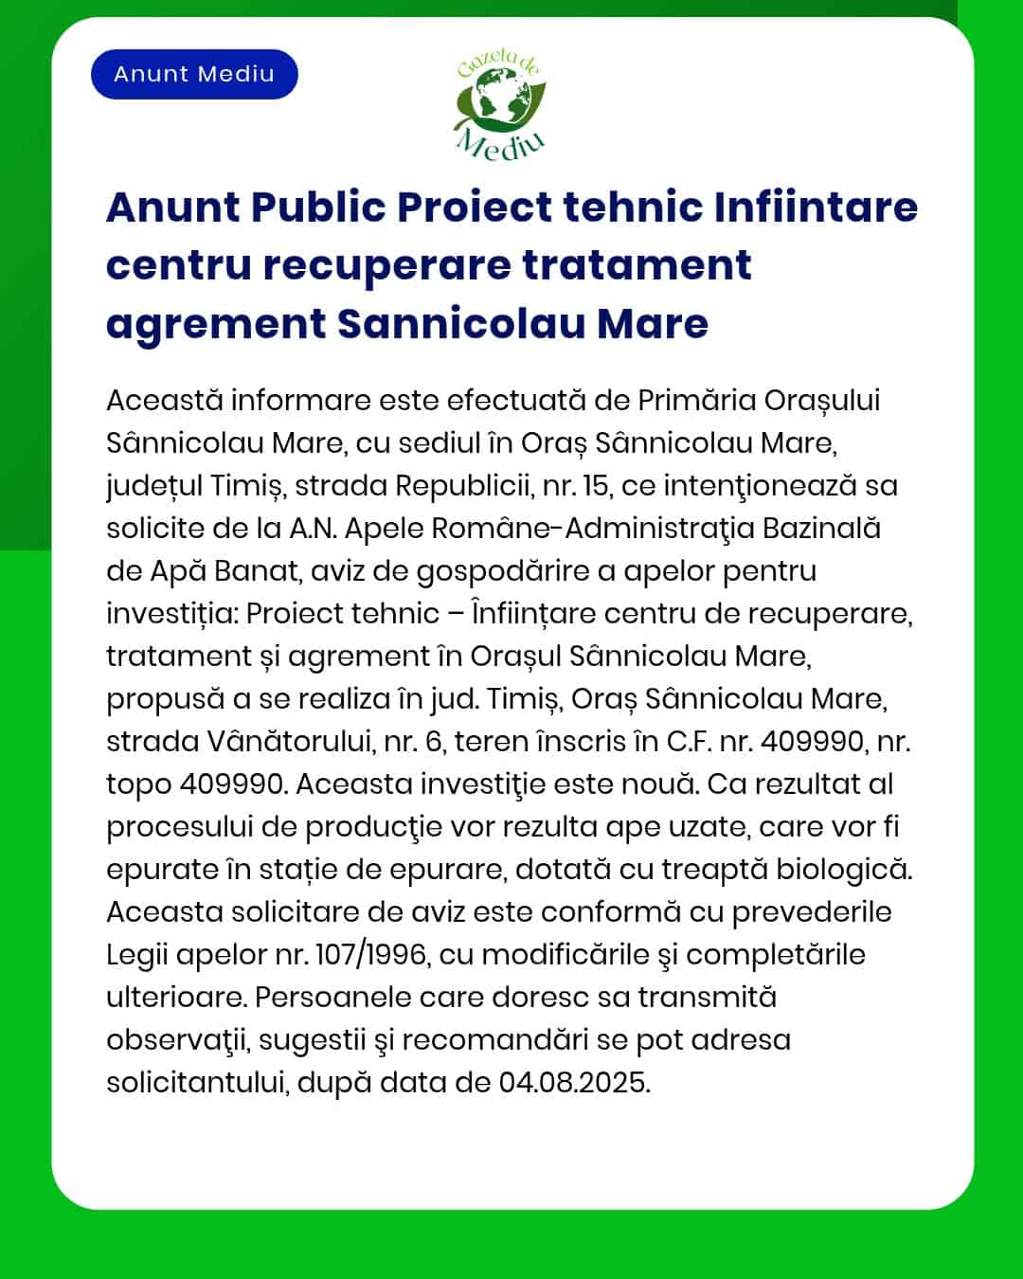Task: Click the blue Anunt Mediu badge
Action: [194, 74]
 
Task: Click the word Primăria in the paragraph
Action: [696, 401]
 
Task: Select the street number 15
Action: [597, 486]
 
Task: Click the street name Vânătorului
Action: [272, 742]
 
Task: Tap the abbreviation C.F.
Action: [689, 742]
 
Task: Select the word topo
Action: [138, 784]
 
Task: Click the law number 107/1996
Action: [370, 955]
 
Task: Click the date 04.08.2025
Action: [574, 1083]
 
